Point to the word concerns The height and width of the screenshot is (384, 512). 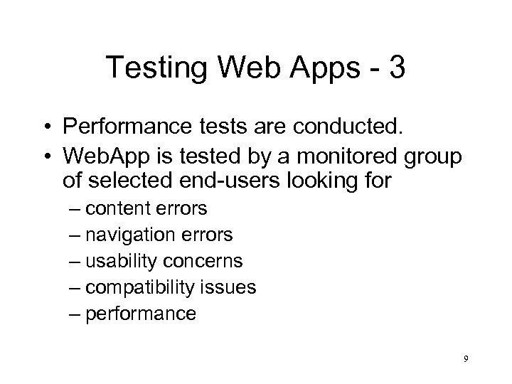point(207,261)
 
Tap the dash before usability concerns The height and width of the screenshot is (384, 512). point(78,261)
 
